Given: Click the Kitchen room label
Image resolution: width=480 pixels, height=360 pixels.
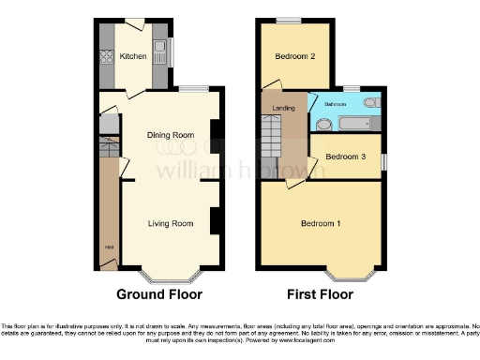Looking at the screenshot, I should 133,57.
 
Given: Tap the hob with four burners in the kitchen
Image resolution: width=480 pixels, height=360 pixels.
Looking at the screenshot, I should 106,54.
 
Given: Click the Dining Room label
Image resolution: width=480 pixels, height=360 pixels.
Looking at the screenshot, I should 171,135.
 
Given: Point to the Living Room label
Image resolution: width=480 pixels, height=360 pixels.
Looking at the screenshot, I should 171,223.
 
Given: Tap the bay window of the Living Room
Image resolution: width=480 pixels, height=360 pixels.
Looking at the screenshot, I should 170,278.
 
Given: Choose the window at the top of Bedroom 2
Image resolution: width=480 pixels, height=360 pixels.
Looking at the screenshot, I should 288,20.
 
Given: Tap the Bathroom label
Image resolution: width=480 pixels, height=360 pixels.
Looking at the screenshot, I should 335,104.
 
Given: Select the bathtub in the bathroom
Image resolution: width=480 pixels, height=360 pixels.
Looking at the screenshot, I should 357,123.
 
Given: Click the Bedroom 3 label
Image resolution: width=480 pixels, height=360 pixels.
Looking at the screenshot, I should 344,157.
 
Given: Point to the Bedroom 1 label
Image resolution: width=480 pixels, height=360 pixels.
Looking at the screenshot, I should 321,223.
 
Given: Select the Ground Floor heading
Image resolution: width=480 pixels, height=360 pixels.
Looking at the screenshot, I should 159,294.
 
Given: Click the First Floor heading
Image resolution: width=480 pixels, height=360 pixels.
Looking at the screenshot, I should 320,294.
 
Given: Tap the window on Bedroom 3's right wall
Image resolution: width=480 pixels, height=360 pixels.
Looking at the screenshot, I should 382,161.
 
